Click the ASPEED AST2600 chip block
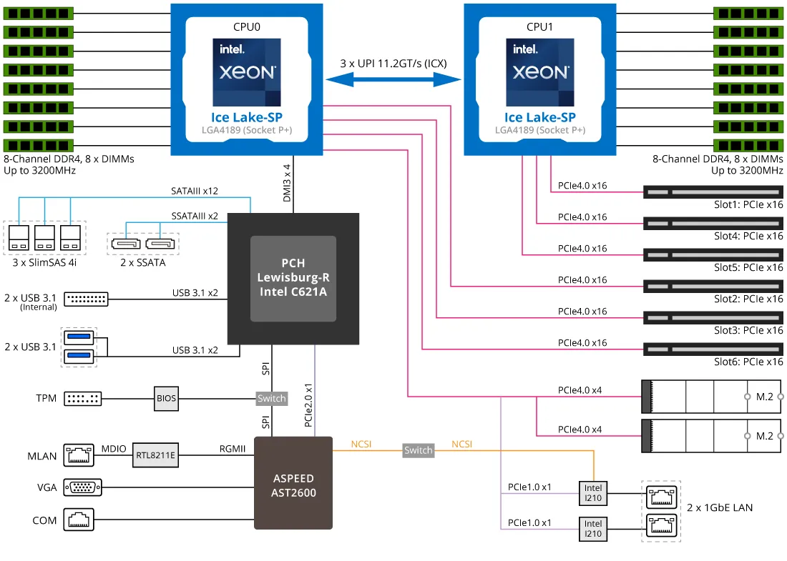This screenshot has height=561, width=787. pos(293,482)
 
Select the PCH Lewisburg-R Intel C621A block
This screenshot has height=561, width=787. pos(293,278)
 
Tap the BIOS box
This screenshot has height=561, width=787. pos(166,398)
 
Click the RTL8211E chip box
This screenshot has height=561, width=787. pos(156,454)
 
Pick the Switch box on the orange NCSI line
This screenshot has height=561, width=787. pos(418,450)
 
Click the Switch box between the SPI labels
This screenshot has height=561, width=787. pos(271,398)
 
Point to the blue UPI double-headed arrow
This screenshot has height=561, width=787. pos(393,80)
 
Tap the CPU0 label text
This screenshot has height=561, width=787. pos(247,27)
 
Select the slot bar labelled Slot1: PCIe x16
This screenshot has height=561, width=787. pos(713,192)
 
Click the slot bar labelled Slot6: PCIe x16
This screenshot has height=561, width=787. pos(713,349)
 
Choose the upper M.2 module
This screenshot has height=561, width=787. pos(712,396)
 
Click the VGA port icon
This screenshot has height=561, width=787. pos(83,487)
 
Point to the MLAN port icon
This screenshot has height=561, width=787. pos(79,455)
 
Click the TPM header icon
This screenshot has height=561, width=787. pos(83,399)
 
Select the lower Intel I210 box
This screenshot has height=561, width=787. pos(593,529)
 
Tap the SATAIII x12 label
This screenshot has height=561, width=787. pos(195,192)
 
